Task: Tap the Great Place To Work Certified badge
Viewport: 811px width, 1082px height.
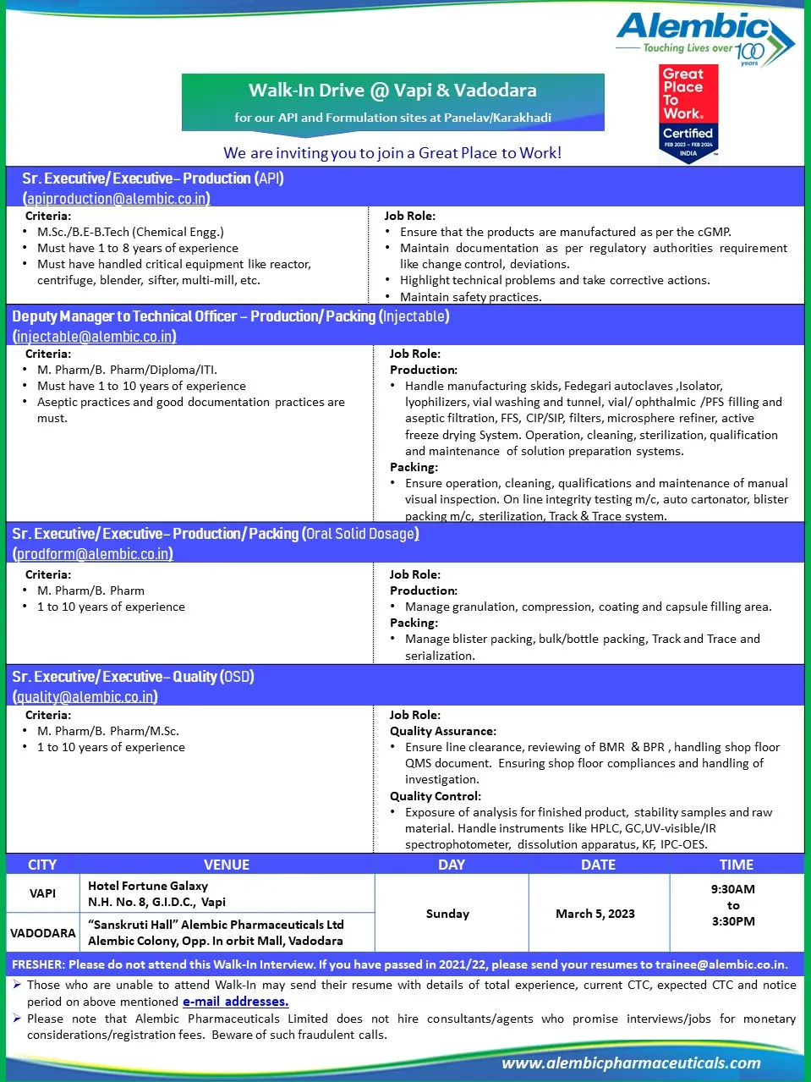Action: (688, 113)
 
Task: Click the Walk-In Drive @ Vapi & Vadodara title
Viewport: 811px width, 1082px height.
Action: (392, 91)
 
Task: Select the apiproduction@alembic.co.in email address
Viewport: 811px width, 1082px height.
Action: (117, 199)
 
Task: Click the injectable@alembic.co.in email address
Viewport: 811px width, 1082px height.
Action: (95, 337)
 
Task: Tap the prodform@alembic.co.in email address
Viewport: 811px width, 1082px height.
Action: (94, 554)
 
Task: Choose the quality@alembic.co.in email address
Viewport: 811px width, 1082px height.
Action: (85, 697)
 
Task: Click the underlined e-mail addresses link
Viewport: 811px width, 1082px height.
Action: (235, 1002)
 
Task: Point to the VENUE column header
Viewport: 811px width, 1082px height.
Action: (227, 865)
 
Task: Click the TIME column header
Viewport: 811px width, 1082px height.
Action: (736, 865)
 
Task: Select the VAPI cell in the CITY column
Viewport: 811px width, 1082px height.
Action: (42, 893)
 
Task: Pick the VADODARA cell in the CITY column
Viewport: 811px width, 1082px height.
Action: (42, 933)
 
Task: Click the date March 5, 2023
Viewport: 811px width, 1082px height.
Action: (595, 914)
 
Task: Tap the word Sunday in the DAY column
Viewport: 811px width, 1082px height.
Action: (447, 914)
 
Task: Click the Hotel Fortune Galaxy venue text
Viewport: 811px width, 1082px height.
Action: (148, 886)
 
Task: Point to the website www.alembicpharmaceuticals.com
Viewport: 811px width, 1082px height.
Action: (631, 1063)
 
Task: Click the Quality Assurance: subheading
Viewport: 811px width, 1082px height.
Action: (443, 731)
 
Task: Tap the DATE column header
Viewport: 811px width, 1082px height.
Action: (598, 865)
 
